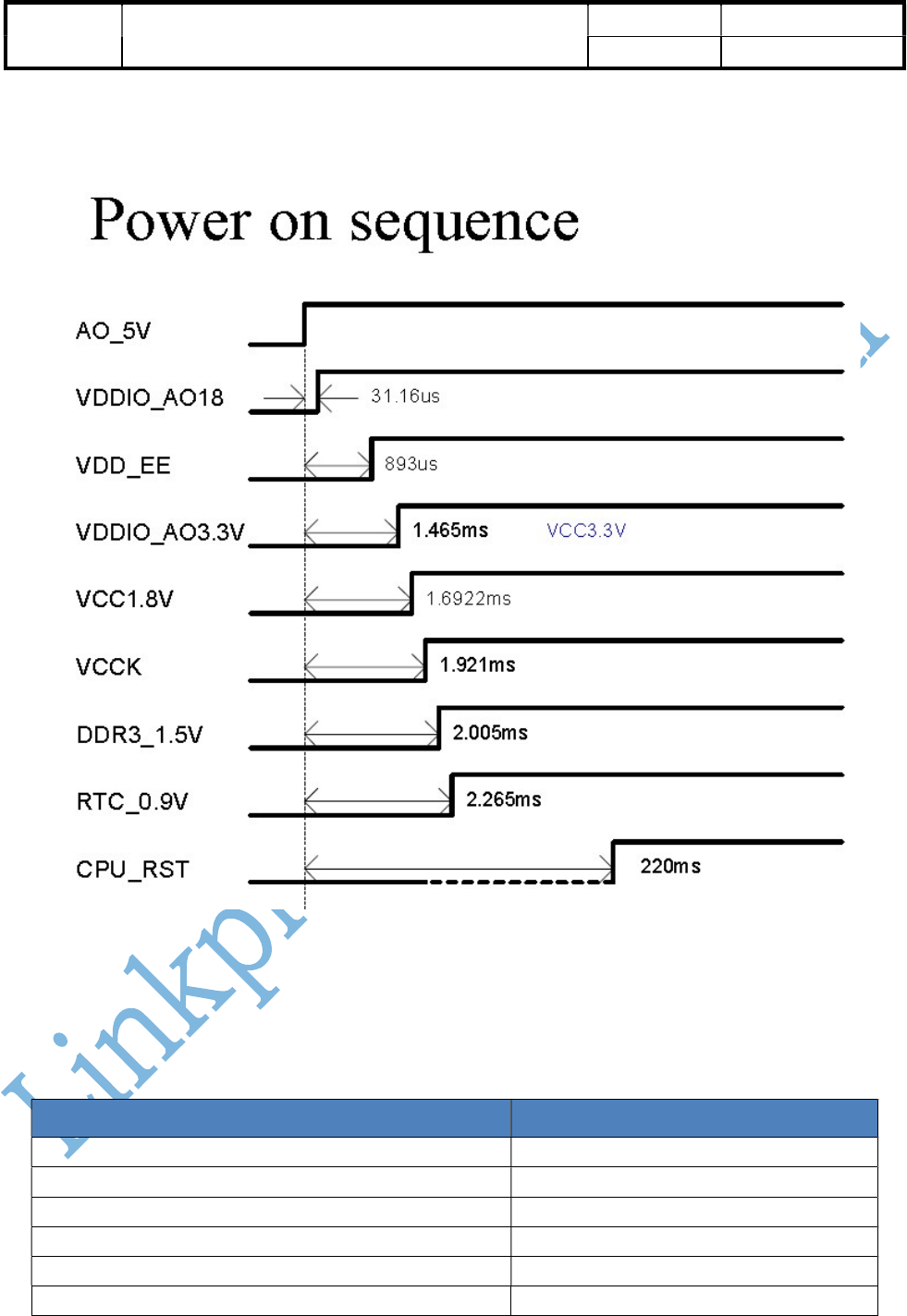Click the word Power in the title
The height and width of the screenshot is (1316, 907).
click(170, 221)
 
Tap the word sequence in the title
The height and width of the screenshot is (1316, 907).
click(464, 223)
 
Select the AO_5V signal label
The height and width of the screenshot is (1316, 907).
click(113, 331)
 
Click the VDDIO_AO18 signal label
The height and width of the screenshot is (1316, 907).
click(150, 398)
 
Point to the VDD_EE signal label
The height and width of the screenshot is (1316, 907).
click(123, 466)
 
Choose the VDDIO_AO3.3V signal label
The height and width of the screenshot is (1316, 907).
click(160, 532)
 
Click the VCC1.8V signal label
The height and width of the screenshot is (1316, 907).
click(125, 600)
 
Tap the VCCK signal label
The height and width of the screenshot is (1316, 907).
click(109, 667)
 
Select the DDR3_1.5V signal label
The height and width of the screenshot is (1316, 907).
click(140, 735)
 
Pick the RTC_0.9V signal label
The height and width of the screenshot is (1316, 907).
click(132, 801)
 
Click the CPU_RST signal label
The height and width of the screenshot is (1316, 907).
click(132, 870)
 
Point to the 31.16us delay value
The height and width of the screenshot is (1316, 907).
click(405, 396)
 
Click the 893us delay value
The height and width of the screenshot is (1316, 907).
click(411, 464)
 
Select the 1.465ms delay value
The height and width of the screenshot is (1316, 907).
click(450, 530)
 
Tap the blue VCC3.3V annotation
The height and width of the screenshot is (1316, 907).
click(586, 530)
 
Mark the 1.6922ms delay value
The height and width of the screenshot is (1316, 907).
click(468, 599)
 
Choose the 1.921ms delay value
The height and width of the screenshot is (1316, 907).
click(477, 665)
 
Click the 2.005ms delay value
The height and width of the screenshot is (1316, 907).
click(490, 733)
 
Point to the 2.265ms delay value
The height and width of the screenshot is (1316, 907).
click(504, 799)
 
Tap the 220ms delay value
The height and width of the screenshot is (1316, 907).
click(670, 867)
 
